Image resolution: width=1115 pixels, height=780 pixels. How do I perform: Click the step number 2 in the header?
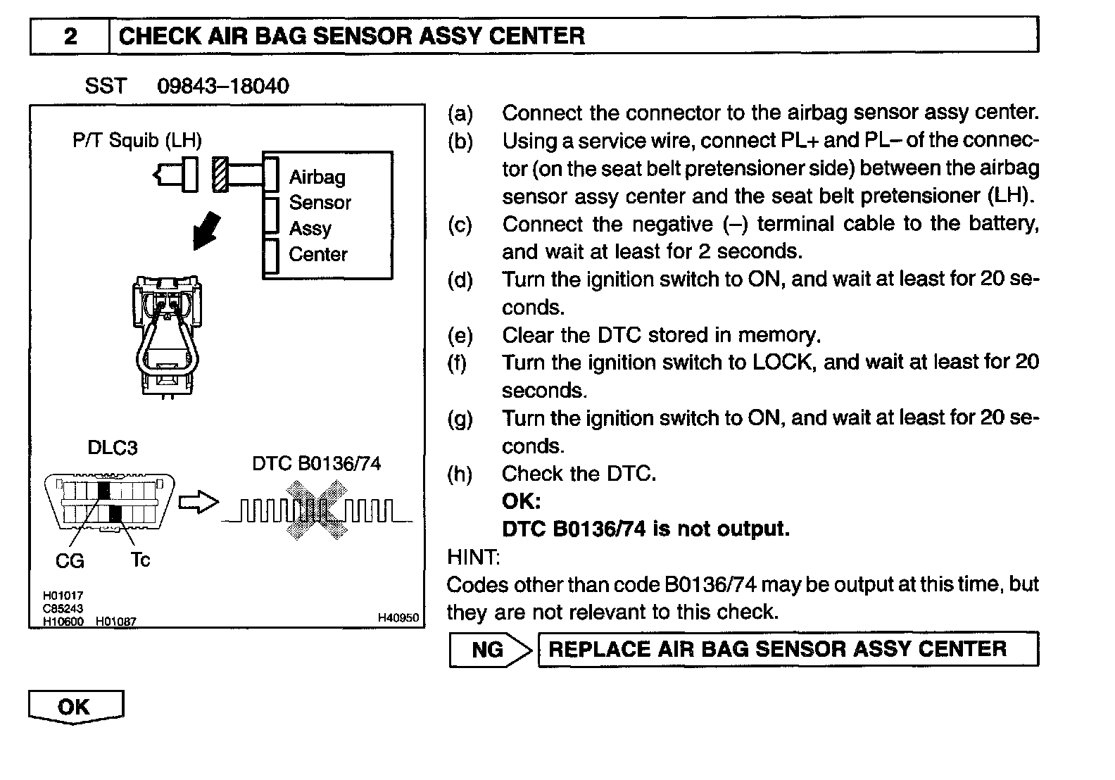(x=70, y=36)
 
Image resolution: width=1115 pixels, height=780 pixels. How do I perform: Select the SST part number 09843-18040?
(x=222, y=86)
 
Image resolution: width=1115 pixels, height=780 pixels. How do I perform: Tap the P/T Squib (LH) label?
(x=137, y=140)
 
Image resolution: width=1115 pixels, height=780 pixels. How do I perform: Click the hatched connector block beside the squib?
(x=220, y=174)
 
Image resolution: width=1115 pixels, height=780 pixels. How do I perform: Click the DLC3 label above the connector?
(x=112, y=448)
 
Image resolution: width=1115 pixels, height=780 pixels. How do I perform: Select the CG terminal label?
(x=70, y=561)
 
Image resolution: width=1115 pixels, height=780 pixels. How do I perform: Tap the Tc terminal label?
(x=140, y=560)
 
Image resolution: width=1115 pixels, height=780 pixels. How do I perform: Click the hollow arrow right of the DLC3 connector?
(x=199, y=503)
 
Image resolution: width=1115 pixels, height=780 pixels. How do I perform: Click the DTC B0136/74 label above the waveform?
(x=316, y=463)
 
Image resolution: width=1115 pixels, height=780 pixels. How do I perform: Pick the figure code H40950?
(x=398, y=617)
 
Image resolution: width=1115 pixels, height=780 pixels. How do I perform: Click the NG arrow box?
(x=489, y=649)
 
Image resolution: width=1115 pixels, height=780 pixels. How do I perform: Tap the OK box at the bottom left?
(x=75, y=706)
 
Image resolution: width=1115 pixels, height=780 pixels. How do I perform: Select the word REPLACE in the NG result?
(x=598, y=648)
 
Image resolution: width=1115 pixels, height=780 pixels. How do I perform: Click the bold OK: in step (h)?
(x=521, y=501)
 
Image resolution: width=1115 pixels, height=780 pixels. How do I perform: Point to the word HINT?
(x=473, y=557)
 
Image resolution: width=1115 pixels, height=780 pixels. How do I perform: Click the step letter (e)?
(x=460, y=335)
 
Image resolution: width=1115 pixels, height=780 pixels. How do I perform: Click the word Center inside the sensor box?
(x=318, y=254)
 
